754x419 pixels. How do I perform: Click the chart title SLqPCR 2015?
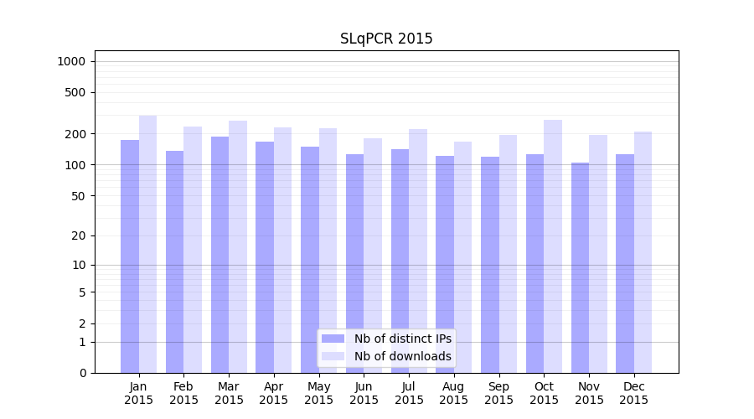coord(386,39)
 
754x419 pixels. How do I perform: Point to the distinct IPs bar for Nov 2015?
coord(580,267)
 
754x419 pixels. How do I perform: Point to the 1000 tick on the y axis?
coord(71,61)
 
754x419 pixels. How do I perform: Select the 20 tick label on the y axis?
coord(80,235)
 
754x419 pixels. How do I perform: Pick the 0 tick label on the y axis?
coord(82,373)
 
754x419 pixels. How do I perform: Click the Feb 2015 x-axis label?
coord(183,393)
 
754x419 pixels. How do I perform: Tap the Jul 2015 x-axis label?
coord(409,393)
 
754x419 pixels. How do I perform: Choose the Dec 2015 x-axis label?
coord(634,393)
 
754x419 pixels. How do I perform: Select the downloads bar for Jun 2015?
coord(373,255)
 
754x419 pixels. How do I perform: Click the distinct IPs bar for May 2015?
coord(310,259)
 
